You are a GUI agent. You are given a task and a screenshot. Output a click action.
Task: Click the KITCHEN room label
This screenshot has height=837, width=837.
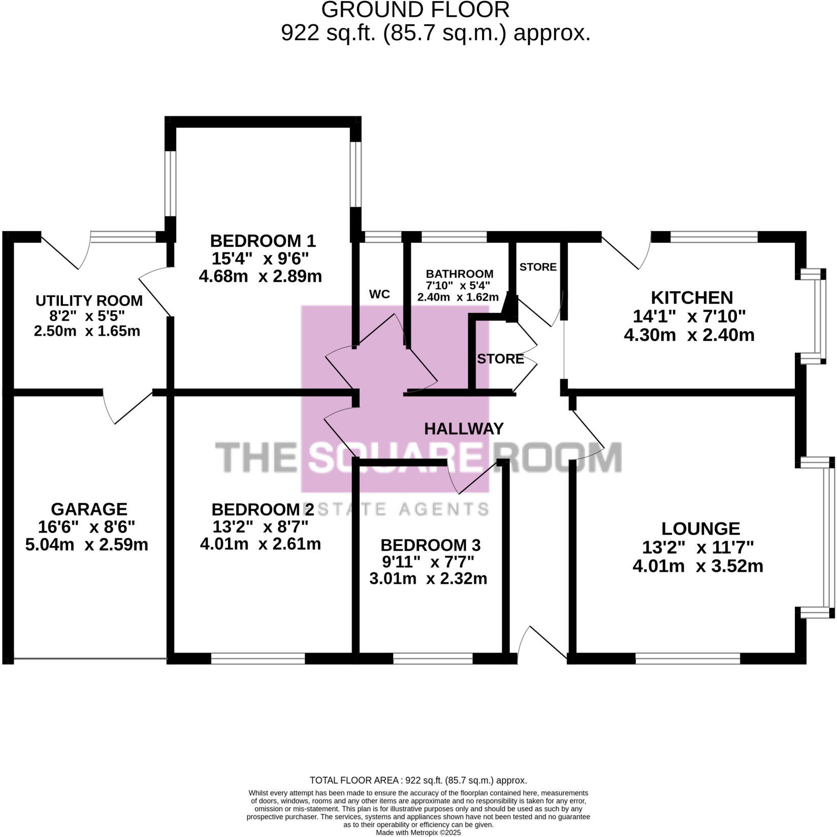click(692, 298)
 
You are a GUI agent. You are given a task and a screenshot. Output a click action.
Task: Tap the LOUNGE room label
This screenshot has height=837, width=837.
click(700, 529)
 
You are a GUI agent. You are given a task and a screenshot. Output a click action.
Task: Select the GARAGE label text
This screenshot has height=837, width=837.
click(89, 509)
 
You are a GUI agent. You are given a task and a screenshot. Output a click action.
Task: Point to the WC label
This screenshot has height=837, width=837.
click(379, 295)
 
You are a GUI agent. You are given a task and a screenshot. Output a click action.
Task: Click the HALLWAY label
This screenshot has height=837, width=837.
click(464, 429)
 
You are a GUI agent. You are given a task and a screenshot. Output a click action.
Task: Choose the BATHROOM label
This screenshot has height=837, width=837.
click(459, 274)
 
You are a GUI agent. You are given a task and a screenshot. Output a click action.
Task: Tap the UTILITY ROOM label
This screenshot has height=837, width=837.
click(89, 301)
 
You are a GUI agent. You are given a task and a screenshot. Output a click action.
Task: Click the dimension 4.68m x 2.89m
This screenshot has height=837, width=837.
click(261, 276)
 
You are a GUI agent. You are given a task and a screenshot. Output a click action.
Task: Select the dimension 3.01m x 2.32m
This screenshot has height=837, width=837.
click(428, 578)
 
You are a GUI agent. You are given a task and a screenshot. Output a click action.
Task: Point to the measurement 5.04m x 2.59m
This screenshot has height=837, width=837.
click(87, 545)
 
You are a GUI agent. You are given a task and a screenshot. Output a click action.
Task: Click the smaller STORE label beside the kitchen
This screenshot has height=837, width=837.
click(538, 267)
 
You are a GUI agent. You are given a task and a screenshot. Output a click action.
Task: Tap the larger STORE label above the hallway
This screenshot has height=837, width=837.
click(500, 359)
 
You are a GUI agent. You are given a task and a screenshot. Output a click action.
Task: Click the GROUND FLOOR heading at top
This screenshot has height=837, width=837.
click(415, 10)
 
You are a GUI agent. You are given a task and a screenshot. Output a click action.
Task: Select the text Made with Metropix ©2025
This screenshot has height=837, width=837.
click(418, 833)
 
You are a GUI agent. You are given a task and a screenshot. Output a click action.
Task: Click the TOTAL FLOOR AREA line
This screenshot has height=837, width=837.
click(418, 781)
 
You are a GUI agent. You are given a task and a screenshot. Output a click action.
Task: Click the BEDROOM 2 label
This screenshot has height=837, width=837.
click(263, 509)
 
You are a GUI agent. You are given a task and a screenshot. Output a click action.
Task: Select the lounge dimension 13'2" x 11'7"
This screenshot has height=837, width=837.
click(698, 548)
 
